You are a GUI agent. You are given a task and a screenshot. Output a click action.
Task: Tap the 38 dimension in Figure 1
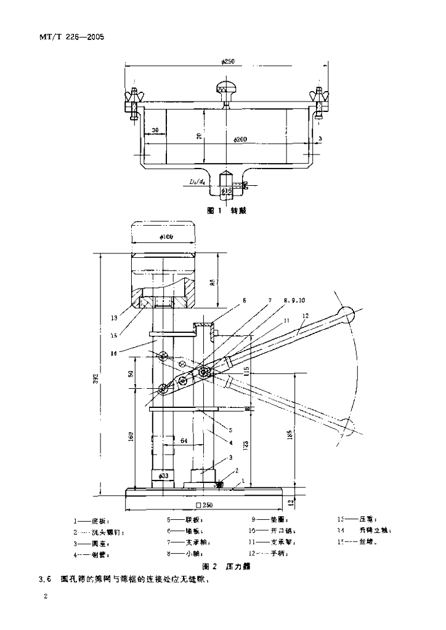click(x=155, y=130)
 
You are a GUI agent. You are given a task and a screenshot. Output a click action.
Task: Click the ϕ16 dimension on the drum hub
click(x=227, y=191)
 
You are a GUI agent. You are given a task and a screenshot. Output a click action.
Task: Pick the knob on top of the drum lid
click(x=225, y=87)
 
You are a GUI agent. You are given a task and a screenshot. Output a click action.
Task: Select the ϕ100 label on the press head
click(x=164, y=237)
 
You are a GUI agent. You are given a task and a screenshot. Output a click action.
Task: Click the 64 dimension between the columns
click(x=184, y=441)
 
